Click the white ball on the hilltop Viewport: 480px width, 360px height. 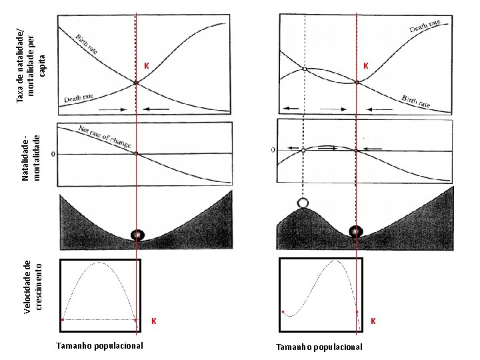[x=304, y=203]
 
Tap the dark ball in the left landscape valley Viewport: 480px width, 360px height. [x=137, y=235]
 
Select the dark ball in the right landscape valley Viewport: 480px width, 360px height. [x=357, y=231]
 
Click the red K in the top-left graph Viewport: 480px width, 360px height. [x=146, y=66]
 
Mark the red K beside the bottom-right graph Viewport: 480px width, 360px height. [x=373, y=321]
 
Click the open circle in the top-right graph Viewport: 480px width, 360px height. [x=304, y=69]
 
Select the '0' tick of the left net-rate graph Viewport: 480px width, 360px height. [x=54, y=154]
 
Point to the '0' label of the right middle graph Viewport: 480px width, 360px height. [x=273, y=150]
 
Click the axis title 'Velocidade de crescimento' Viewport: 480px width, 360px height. [x=32, y=287]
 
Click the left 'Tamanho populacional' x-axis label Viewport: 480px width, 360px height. [x=99, y=345]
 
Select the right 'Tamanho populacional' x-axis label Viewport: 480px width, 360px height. [x=319, y=347]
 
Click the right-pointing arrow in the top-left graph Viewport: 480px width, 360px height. [x=111, y=108]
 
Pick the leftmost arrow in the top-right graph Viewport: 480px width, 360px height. [x=290, y=108]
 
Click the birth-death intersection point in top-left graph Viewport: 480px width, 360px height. [x=136, y=83]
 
